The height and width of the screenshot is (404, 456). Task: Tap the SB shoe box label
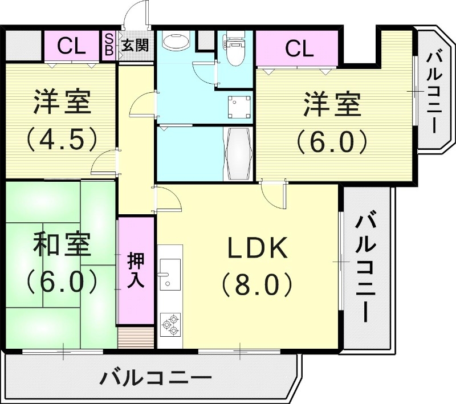click(108, 44)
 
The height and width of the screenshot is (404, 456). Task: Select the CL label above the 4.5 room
click(72, 46)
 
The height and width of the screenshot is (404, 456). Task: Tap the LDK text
click(256, 248)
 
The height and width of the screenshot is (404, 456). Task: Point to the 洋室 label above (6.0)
click(332, 106)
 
